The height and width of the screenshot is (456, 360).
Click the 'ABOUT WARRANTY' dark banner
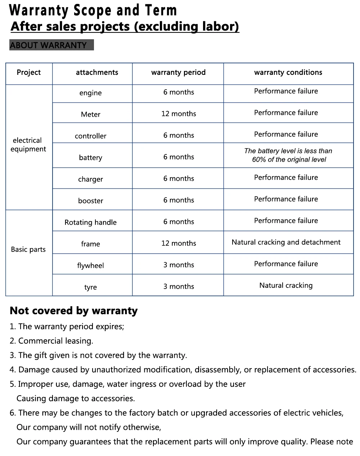[51, 45]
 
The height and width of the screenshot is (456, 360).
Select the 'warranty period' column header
[178, 72]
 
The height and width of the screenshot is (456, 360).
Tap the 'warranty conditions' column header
[288, 72]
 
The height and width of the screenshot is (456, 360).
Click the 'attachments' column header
[97, 72]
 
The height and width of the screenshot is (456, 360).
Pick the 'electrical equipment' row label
[28, 145]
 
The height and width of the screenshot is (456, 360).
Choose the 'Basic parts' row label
[28, 249]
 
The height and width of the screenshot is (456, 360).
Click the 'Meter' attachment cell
[90, 114]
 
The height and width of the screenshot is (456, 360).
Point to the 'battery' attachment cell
[90, 158]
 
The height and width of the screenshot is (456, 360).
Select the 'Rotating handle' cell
[90, 222]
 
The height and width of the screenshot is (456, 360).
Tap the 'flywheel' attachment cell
[90, 266]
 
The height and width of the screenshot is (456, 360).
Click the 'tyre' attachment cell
[90, 287]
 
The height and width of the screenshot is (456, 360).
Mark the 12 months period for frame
[179, 243]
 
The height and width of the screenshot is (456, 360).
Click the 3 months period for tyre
[179, 286]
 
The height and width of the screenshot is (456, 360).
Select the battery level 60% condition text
[288, 155]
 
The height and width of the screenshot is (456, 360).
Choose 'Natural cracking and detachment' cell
[286, 242]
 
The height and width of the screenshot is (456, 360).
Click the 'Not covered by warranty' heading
[73, 311]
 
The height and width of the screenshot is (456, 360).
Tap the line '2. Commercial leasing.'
[51, 341]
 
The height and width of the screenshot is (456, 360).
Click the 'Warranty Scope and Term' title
[93, 10]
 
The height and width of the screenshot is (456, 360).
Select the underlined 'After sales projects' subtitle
[125, 27]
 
